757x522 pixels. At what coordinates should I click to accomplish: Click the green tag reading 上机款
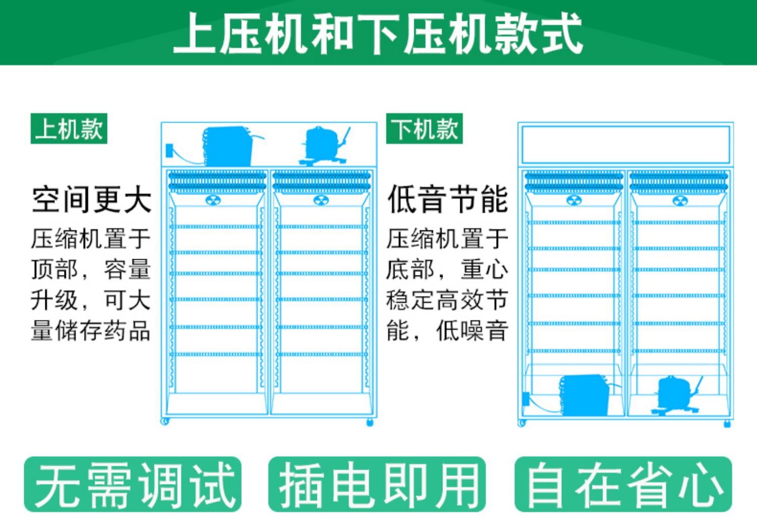69,129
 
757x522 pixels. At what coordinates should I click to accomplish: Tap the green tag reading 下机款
424,129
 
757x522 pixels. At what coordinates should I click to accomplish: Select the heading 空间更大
91,200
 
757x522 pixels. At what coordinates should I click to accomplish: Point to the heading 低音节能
448,200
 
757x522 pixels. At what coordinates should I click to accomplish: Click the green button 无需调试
133,484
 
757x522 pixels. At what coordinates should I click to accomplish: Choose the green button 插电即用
377,484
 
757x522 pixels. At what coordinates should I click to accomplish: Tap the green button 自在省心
623,484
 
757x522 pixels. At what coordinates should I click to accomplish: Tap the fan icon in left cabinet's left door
213,201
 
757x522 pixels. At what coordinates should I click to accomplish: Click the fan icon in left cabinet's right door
321,201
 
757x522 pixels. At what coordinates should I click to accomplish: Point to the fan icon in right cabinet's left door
574,201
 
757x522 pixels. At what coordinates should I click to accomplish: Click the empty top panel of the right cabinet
626,145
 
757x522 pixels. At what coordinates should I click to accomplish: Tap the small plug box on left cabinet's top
170,150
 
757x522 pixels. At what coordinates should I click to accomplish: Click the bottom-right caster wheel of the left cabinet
370,422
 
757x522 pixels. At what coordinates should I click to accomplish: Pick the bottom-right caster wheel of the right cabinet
727,423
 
